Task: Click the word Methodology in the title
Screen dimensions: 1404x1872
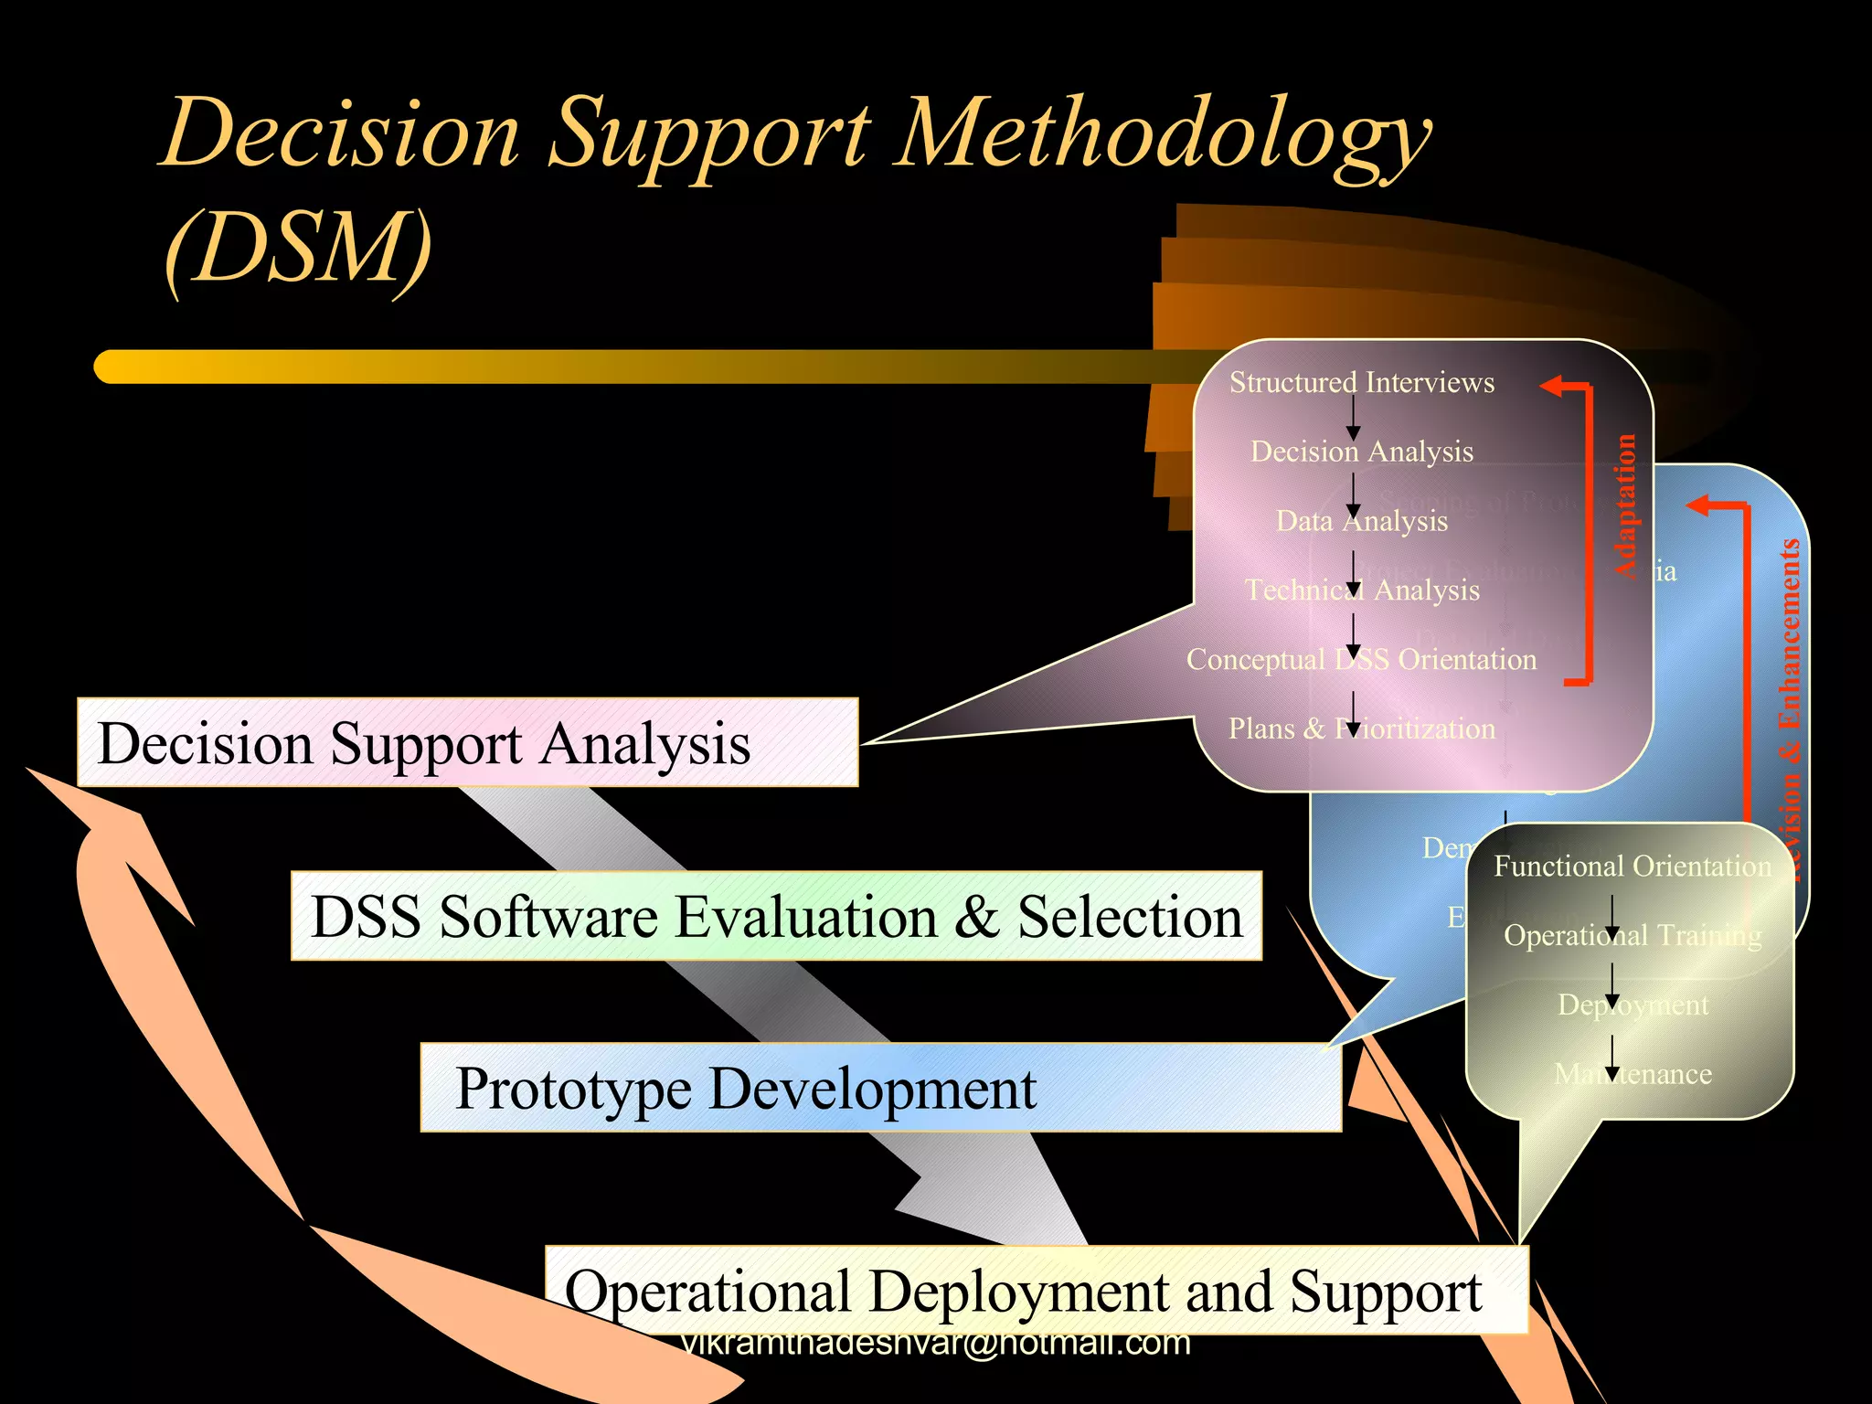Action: point(1161,137)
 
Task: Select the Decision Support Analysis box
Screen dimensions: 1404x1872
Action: point(467,742)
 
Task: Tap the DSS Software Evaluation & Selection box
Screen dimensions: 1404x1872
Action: point(776,916)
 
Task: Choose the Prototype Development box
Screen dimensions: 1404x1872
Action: point(880,1088)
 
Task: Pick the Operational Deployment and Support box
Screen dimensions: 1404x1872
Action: point(1036,1291)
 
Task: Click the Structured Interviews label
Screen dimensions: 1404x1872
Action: point(1361,382)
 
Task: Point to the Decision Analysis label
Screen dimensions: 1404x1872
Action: point(1361,452)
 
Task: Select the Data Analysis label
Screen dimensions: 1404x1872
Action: point(1361,521)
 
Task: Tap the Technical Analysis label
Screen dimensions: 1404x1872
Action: point(1361,590)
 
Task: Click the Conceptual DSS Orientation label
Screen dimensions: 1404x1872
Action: point(1361,660)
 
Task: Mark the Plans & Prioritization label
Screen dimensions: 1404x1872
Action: point(1361,729)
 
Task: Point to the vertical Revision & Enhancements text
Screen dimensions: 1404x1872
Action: point(1790,708)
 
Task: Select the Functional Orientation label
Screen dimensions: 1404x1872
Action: point(1632,866)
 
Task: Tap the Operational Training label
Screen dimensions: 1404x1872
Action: point(1632,935)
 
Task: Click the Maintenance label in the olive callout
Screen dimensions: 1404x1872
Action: point(1632,1074)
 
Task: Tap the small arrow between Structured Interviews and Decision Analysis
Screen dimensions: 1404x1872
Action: point(1353,420)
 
